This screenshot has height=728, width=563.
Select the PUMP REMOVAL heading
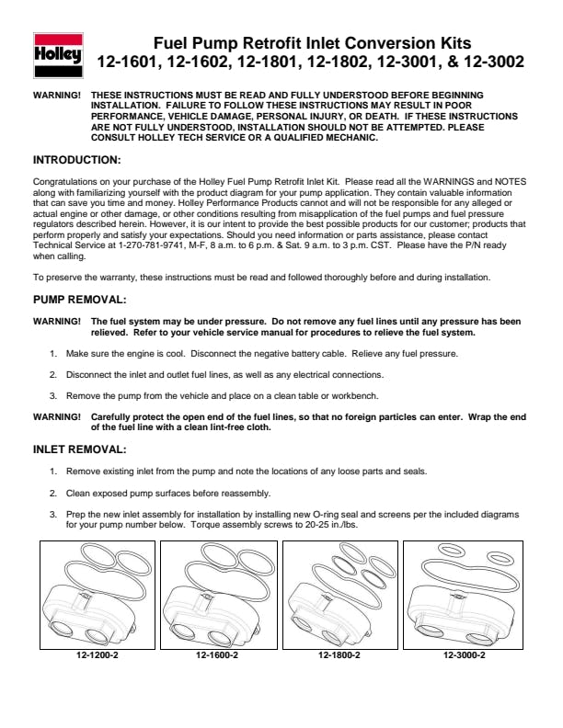coord(80,300)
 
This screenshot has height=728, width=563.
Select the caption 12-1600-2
coord(218,655)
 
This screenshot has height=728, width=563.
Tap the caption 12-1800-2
coord(339,655)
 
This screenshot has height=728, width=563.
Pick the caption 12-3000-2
coord(464,655)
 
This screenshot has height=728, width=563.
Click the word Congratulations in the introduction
coord(69,182)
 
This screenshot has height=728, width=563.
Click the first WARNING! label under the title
coord(56,95)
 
